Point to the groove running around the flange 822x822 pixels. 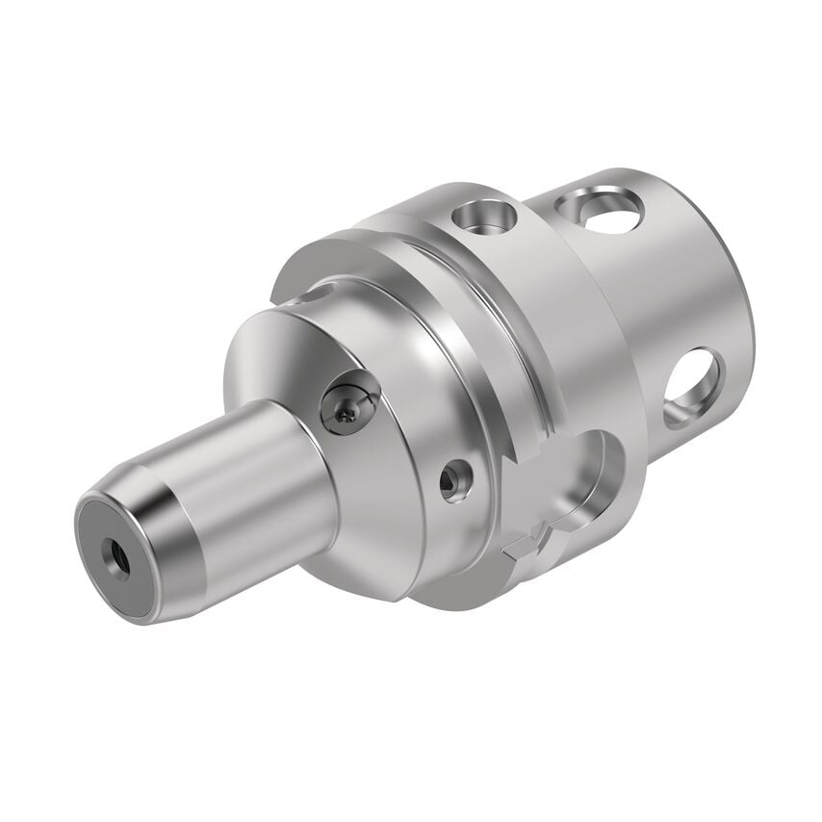[520, 337]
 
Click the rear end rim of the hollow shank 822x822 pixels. [741, 289]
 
